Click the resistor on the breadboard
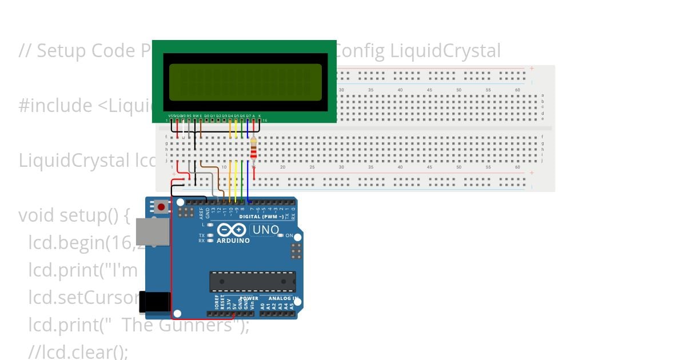click(x=254, y=150)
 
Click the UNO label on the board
click(x=266, y=230)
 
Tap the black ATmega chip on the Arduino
click(x=252, y=282)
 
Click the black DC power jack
click(x=155, y=302)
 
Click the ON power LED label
click(x=289, y=235)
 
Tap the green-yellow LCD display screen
click(x=245, y=82)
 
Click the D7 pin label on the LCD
click(x=248, y=115)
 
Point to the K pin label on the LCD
click(x=260, y=115)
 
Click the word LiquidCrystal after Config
click(x=445, y=51)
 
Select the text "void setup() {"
click(x=74, y=215)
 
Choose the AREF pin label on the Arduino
click(x=201, y=213)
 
